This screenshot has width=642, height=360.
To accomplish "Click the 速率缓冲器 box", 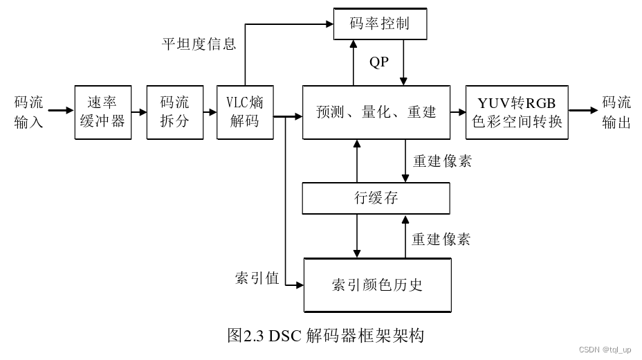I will pos(103,112).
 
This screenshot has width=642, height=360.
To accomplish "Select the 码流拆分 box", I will pos(174,112).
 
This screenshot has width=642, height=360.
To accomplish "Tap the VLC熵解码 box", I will pos(245,112).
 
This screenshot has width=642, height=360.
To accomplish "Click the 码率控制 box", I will pos(380,24).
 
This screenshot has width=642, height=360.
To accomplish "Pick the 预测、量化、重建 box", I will pos(376,112).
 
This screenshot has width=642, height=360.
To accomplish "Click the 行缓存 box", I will pos(376,199).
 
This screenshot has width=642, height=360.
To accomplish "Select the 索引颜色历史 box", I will pos(378,285).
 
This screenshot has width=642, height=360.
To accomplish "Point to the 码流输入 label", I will pos(28,112).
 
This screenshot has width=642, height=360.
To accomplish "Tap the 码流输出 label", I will pos(616,112).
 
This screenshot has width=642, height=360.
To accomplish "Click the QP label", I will pos(379,62).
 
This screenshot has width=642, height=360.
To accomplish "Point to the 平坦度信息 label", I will pos(199,44).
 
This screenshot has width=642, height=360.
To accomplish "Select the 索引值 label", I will pos(257,278).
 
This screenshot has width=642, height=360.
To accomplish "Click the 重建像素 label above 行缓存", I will pos(442,161).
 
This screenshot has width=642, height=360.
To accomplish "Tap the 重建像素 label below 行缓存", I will pos(441,240).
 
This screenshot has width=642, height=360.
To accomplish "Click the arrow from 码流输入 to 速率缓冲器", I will pos(61,111).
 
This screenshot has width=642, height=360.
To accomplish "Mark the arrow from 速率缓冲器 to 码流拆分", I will pos(139,111).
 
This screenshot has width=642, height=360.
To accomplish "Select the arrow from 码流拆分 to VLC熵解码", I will pos(210,111).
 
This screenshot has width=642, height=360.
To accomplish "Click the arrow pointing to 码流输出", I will pos(583,111).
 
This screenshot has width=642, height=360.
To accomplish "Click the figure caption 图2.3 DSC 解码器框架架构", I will pos(325,336).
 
